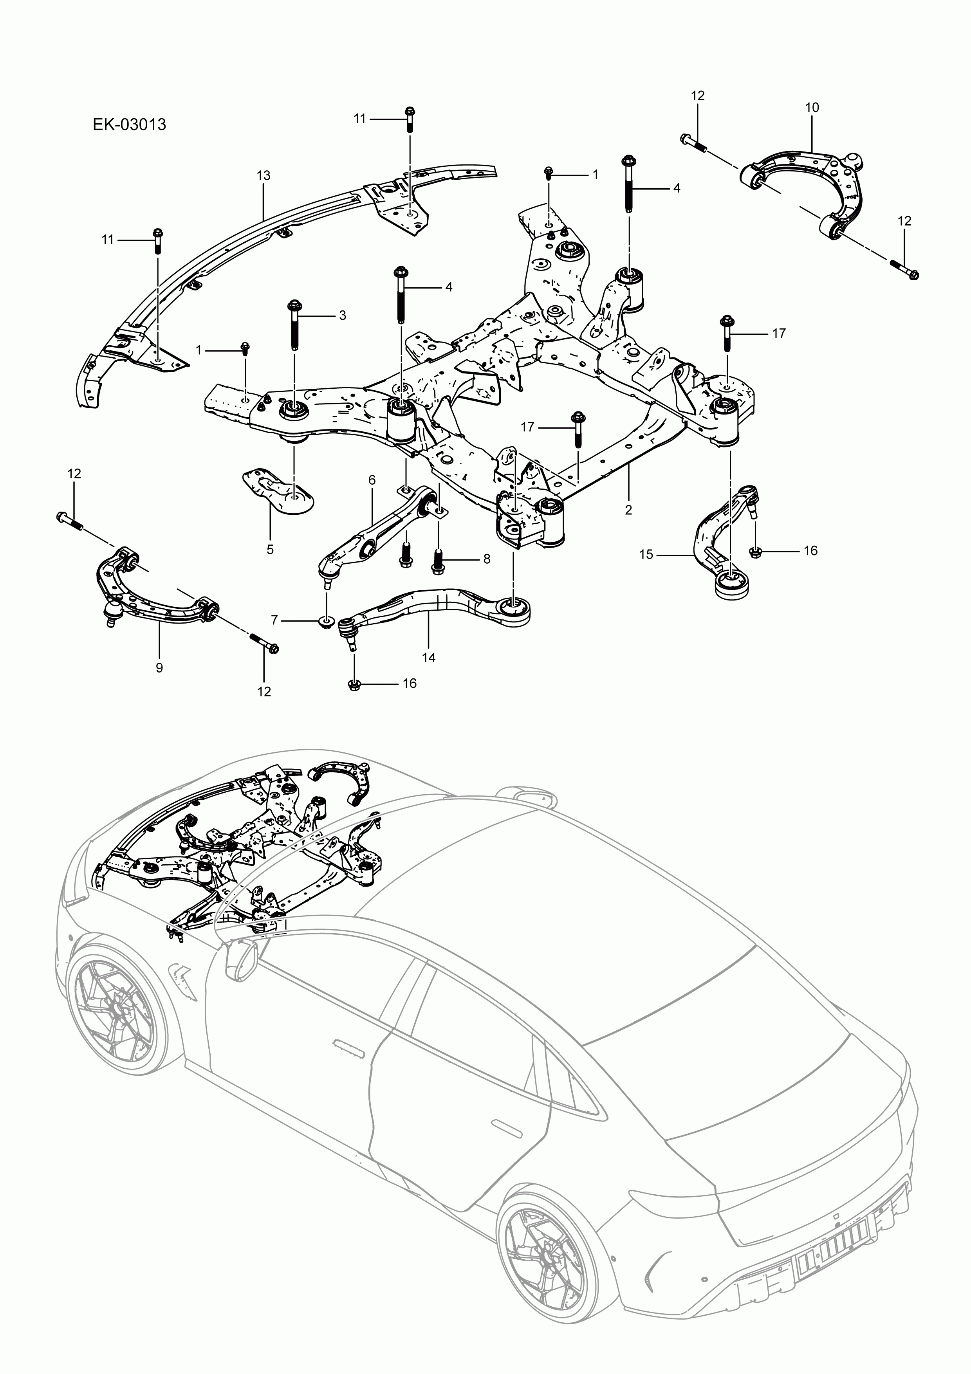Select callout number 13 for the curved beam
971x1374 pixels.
pyautogui.click(x=264, y=175)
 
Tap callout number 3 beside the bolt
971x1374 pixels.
pyautogui.click(x=343, y=316)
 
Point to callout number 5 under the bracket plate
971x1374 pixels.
pyautogui.click(x=270, y=549)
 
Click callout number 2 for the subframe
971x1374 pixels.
pyautogui.click(x=628, y=510)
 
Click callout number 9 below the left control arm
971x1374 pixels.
pyautogui.click(x=159, y=668)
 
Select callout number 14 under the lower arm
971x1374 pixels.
pyautogui.click(x=429, y=658)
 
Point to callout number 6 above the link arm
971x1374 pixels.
pyautogui.click(x=372, y=480)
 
